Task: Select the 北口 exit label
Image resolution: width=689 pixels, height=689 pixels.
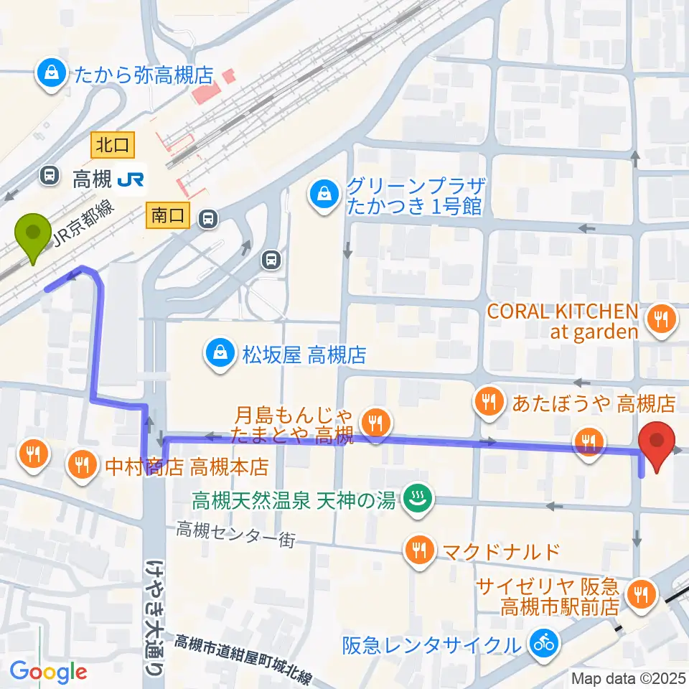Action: pos(111,146)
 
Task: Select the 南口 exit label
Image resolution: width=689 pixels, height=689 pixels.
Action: pos(168,215)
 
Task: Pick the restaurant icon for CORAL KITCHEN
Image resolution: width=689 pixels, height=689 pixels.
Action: pos(660,318)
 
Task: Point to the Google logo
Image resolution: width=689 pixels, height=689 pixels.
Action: pos(49,671)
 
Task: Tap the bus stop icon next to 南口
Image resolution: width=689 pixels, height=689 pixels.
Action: pos(208,216)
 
